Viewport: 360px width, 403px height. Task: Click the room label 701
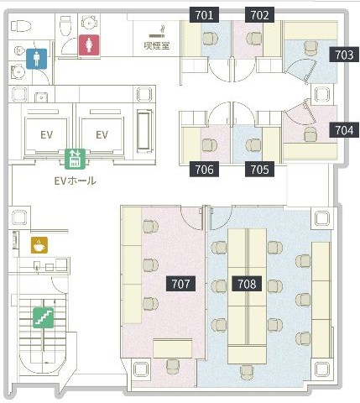204,15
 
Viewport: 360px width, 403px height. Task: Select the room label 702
259,15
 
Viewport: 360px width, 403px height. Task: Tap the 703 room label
344,55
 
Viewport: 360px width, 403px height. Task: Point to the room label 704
344,130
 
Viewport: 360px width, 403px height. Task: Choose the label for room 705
259,170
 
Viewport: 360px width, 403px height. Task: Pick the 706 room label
204,170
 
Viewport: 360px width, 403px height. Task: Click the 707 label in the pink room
180,284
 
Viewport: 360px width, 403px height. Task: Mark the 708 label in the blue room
247,284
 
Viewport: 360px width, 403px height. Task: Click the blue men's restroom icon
37,59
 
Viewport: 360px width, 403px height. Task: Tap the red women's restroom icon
89,45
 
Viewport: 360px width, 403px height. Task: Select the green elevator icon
75,159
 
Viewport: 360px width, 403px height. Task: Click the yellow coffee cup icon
39,245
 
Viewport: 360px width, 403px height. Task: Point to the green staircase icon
44,317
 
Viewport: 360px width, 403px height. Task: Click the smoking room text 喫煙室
157,45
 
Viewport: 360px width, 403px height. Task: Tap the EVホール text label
76,181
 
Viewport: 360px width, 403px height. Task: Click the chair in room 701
210,39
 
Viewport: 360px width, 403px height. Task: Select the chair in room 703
310,49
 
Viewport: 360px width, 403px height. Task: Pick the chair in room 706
210,145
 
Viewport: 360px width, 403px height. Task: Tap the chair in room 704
310,134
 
